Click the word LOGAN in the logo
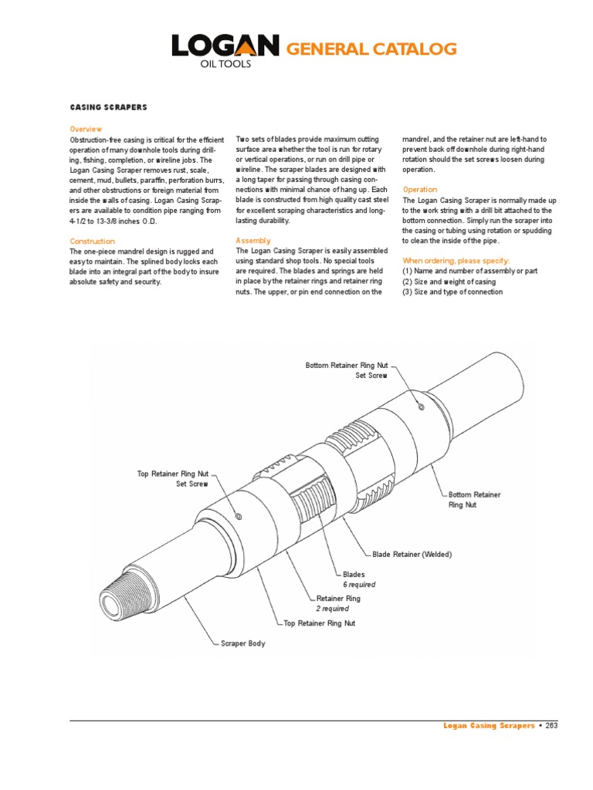[225, 48]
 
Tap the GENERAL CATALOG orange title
[371, 50]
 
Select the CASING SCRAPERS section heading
[109, 107]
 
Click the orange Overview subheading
[86, 129]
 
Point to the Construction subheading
[92, 241]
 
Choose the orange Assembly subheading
[253, 241]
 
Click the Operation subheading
[420, 190]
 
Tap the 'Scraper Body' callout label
[243, 643]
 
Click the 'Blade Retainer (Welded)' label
[412, 555]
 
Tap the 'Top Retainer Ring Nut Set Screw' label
[173, 478]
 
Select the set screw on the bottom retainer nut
[421, 406]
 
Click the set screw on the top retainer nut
[239, 515]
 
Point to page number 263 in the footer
[551, 726]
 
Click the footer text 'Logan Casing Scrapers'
[489, 726]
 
